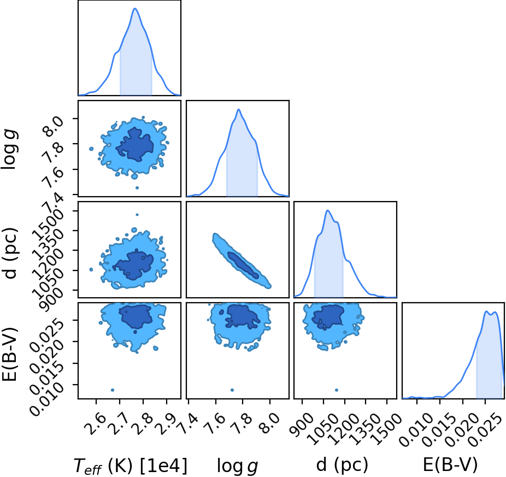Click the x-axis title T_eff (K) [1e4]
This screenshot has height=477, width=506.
click(131, 465)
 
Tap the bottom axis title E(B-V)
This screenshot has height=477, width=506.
click(450, 465)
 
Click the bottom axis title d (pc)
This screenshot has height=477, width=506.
click(342, 465)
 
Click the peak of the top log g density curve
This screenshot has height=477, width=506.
click(238, 109)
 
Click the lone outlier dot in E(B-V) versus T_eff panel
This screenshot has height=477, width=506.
click(113, 390)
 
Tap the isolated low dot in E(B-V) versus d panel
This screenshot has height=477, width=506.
click(337, 390)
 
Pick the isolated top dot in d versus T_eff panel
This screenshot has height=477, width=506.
click(137, 215)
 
